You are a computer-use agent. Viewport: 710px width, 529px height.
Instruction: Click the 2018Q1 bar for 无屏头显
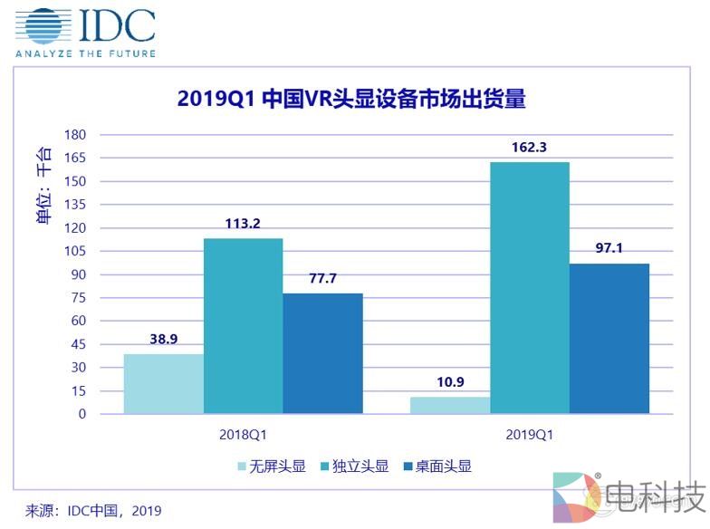pyautogui.click(x=163, y=384)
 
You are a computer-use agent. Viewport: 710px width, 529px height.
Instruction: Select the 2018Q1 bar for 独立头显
pyautogui.click(x=243, y=326)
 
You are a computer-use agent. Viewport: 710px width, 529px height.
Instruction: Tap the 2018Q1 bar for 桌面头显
pyautogui.click(x=322, y=353)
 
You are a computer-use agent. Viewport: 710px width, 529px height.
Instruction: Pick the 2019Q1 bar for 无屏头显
pyautogui.click(x=449, y=405)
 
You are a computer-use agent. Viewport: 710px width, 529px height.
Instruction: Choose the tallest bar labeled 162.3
pyautogui.click(x=529, y=288)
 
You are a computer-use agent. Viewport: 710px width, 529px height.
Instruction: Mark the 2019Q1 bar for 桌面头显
pyautogui.click(x=609, y=339)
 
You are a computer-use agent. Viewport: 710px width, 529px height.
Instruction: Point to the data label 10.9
pyautogui.click(x=449, y=383)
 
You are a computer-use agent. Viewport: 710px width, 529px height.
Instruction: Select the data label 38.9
pyautogui.click(x=163, y=340)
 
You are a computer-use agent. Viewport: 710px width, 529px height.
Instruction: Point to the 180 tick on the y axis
pyautogui.click(x=74, y=135)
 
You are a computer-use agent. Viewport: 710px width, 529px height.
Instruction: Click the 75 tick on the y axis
pyautogui.click(x=78, y=298)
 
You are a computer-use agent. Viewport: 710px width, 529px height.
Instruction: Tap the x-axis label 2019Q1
pyautogui.click(x=529, y=434)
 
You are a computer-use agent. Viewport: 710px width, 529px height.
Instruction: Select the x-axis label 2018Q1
pyautogui.click(x=243, y=434)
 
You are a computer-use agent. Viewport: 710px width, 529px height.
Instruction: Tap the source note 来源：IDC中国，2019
pyautogui.click(x=93, y=511)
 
